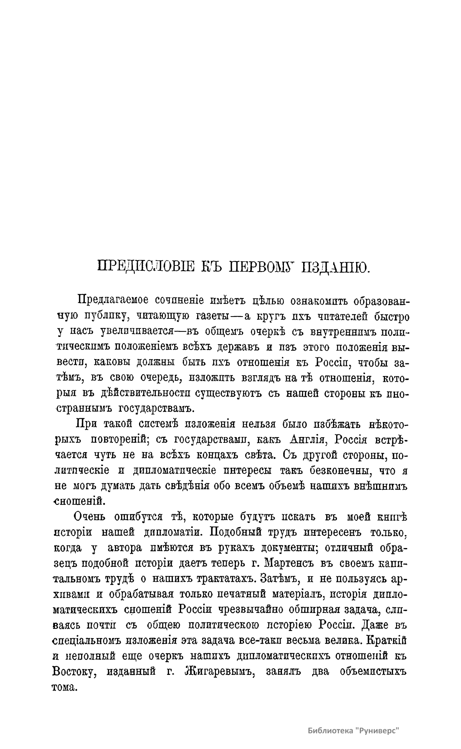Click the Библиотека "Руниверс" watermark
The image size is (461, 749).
click(x=354, y=719)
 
